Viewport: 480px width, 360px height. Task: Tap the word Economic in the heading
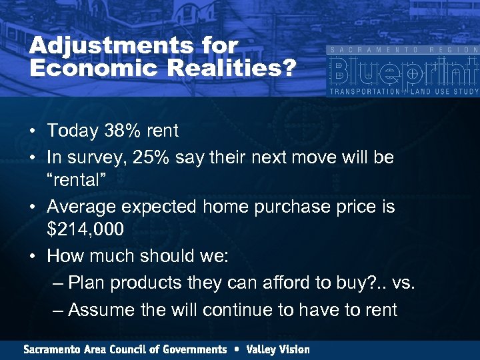95,68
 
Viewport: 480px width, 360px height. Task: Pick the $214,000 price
85,230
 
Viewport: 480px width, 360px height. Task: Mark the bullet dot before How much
32,257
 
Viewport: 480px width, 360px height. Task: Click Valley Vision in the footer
278,349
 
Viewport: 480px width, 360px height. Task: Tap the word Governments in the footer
193,349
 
